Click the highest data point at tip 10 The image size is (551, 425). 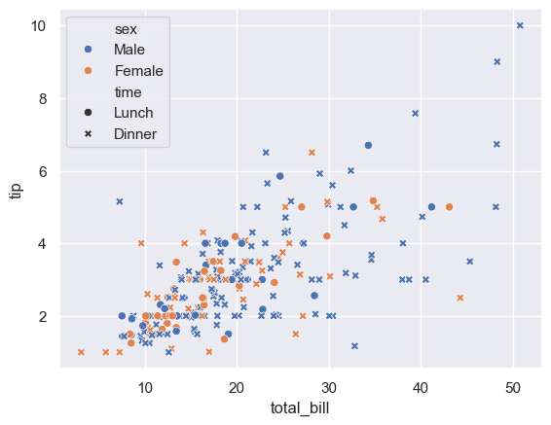point(520,25)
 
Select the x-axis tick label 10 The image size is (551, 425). point(145,387)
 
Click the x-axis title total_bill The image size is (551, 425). point(300,407)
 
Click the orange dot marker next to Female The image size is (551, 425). point(88,71)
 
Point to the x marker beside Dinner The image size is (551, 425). point(88,134)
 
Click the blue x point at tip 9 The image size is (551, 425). point(497,61)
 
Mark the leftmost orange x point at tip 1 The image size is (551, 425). point(81,352)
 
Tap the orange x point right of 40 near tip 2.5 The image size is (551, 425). point(460,298)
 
